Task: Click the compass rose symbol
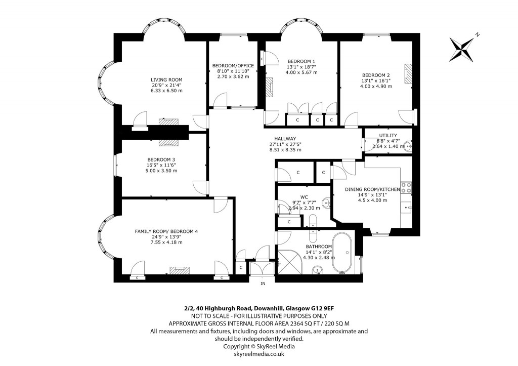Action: (462, 47)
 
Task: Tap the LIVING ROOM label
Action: (166, 79)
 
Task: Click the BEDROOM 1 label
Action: (301, 61)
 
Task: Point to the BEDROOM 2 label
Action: (376, 74)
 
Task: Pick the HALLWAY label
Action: (285, 138)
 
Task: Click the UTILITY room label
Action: (388, 135)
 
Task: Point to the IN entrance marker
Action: (263, 283)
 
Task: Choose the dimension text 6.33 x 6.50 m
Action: (166, 91)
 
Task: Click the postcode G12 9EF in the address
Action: (319, 307)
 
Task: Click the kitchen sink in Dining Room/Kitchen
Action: (407, 207)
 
